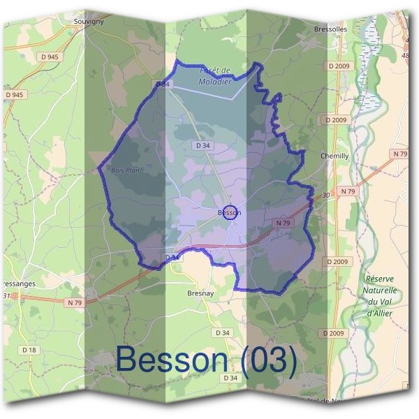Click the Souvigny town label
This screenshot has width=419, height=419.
click(89, 21)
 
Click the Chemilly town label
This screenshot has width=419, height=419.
click(334, 156)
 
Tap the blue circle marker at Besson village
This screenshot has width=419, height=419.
click(230, 212)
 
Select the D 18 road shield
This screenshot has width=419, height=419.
click(29, 349)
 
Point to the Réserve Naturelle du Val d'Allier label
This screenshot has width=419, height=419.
click(381, 296)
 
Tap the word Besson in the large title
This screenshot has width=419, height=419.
click(172, 360)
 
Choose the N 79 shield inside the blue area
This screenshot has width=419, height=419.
click(282, 223)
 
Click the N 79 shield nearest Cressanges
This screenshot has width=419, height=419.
click(75, 302)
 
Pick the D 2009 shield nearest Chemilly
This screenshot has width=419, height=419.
click(336, 120)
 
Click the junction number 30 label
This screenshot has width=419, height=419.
click(325, 196)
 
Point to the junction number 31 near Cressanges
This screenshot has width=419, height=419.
click(7, 295)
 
